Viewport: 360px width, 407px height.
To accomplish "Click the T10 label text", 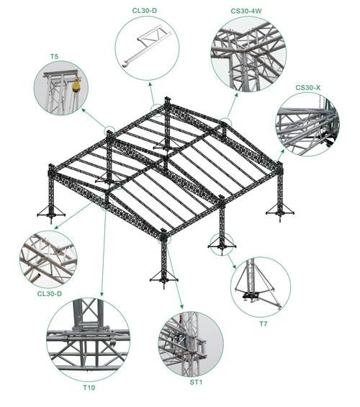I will (89, 388).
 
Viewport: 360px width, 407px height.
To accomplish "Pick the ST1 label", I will (196, 381).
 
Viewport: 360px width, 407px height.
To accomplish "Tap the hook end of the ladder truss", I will (127, 63).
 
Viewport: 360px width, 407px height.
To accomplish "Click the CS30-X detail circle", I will (307, 124).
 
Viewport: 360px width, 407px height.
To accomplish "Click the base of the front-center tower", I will (163, 279).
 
